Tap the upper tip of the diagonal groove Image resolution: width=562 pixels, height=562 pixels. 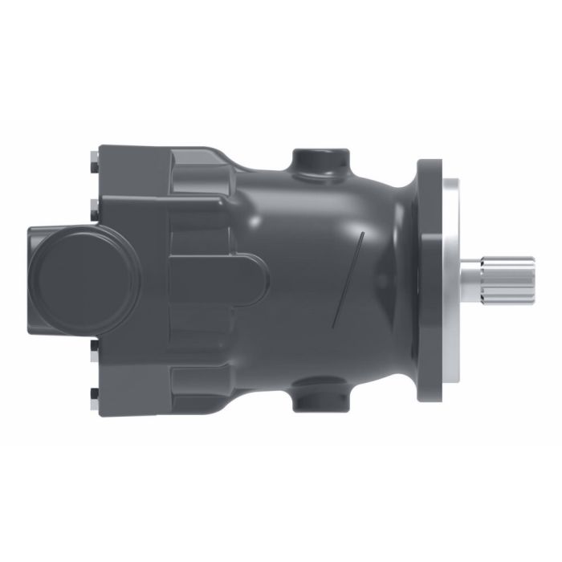(x=363, y=234)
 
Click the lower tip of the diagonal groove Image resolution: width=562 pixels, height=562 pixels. (x=333, y=326)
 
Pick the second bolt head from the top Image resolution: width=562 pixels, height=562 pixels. (x=95, y=204)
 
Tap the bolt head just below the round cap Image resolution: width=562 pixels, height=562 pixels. (x=95, y=347)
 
